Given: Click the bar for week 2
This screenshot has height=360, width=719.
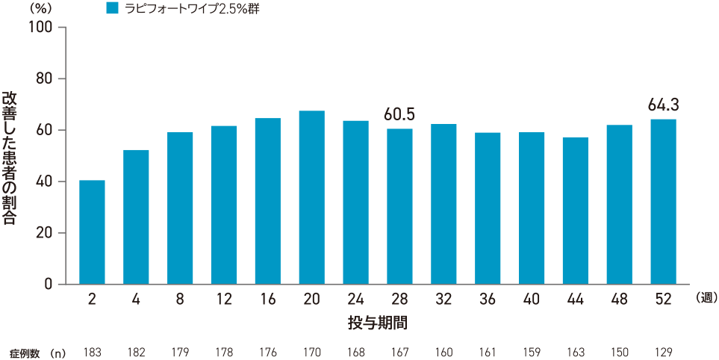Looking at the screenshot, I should (92, 232).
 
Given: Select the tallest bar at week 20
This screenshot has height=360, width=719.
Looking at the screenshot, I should (311, 198).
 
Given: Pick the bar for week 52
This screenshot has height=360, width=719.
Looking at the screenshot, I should (663, 202).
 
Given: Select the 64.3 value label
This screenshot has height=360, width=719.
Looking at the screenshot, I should (663, 104).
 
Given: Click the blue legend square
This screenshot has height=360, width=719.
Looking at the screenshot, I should (113, 9).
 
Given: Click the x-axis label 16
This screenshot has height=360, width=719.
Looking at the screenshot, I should (268, 300).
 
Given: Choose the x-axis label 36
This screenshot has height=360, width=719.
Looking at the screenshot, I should (488, 300).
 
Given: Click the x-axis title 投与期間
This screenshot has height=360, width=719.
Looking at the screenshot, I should (377, 323).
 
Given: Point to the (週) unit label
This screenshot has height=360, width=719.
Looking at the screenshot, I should (706, 298).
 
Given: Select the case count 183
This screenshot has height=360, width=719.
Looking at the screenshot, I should (92, 350).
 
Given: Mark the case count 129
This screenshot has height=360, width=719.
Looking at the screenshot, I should (663, 350).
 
